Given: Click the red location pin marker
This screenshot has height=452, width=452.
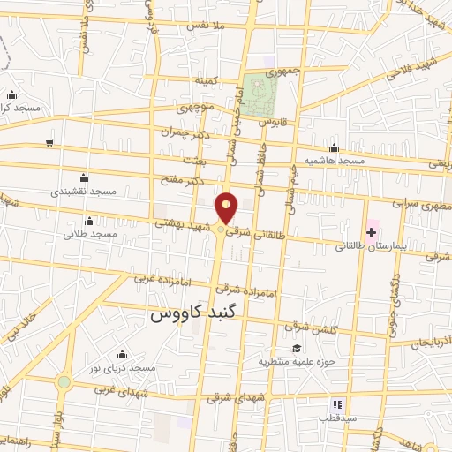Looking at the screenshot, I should (227, 207).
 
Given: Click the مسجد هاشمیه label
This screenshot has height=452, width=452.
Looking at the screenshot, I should (334, 162).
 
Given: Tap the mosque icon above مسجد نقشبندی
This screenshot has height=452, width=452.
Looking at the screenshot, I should (83, 177).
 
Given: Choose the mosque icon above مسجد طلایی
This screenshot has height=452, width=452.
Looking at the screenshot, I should (88, 221).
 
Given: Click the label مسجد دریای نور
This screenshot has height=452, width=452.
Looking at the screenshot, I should (126, 366).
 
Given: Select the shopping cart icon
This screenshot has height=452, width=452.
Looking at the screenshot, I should (50, 142).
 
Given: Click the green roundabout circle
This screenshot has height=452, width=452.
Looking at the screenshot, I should (64, 382).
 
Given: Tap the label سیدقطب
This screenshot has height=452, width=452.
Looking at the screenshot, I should (338, 417).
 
